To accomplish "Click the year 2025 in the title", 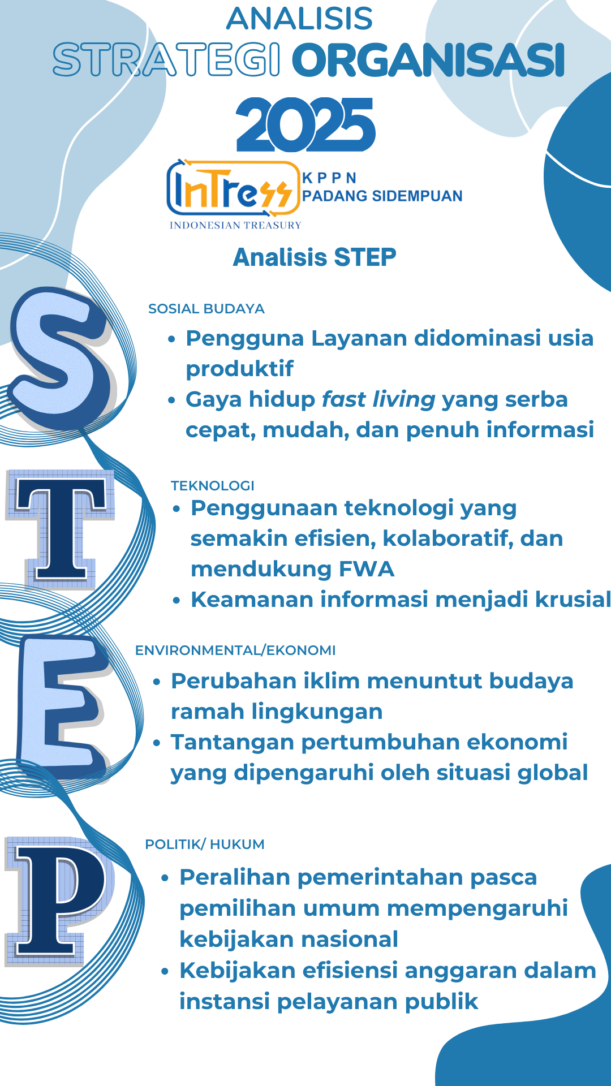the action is pos(305,124).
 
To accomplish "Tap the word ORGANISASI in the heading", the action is pos(428,61).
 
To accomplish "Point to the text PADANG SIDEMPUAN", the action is pos(382,196).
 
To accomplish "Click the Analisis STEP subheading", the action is pos(315,257).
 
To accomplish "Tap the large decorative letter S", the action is pos(62,357).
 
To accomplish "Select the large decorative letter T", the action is pos(61,529).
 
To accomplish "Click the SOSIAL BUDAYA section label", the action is pos(206,309).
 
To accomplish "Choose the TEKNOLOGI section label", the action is pos(213,486).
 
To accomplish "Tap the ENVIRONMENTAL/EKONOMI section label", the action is pos(235,650).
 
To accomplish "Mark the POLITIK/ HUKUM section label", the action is pos(205,844).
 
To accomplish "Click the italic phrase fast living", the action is pos(378,399).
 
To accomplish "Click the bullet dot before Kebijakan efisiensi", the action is pos(165,972).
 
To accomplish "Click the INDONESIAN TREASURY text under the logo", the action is pos(235,225).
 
